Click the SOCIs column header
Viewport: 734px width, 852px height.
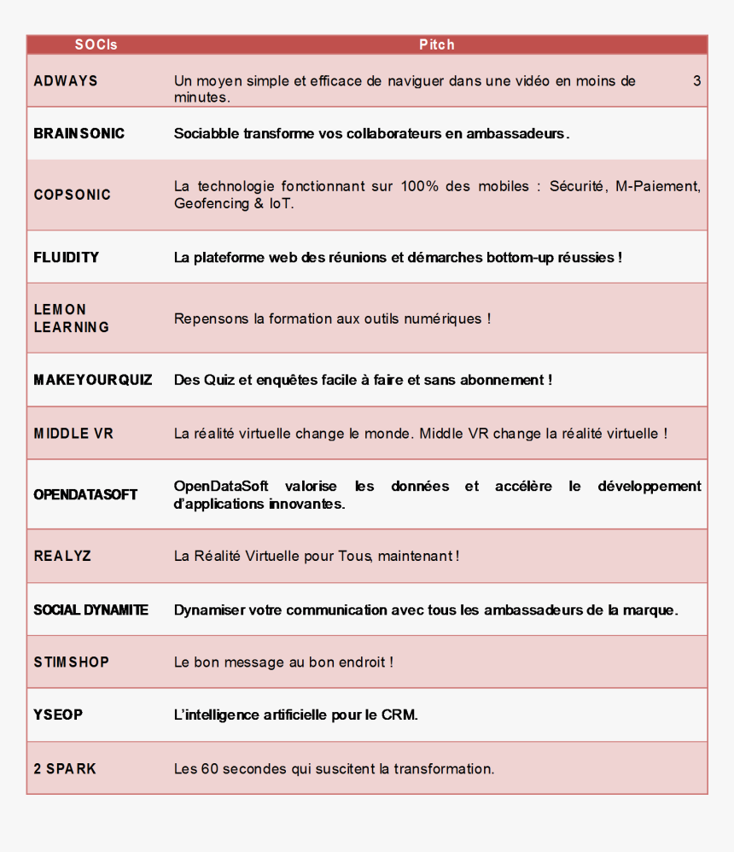96,44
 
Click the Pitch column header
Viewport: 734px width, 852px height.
436,44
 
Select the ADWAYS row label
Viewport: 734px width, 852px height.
66,81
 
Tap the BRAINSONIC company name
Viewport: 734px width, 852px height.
79,133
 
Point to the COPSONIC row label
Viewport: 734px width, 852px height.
73,195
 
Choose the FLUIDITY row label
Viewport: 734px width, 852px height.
67,257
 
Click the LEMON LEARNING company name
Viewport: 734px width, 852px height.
72,318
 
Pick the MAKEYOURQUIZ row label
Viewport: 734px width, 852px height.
93,379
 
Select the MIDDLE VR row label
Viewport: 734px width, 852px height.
73,434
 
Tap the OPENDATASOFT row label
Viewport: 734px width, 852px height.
85,494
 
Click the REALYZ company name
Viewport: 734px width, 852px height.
62,556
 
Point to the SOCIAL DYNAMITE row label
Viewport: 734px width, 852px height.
90,610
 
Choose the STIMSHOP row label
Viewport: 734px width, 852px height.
72,662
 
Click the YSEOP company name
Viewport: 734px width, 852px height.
58,715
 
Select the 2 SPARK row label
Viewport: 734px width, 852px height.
65,768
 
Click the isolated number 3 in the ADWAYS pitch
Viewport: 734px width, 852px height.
696,81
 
